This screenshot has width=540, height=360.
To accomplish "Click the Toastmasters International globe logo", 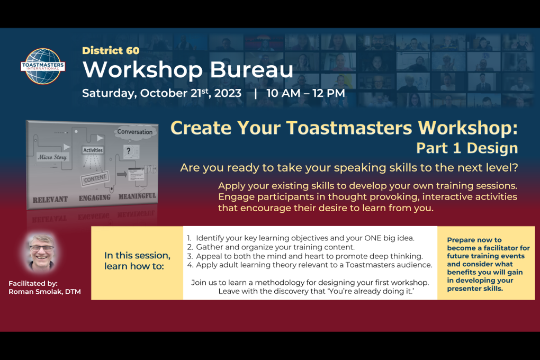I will point(43,66).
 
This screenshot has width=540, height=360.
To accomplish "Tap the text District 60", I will point(111,51).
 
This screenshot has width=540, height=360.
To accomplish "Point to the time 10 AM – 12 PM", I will point(305,94).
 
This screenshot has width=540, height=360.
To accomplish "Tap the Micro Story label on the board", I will point(51,157).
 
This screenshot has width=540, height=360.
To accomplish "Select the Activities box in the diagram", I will point(93,150).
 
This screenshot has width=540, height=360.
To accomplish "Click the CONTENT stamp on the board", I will point(95,179).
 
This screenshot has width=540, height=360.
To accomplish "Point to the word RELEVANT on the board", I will point(50,200).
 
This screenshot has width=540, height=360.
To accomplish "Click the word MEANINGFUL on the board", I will point(137,196).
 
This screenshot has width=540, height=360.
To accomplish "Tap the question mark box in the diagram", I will point(128,151).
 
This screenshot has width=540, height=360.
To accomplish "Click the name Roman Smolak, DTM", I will point(44,292).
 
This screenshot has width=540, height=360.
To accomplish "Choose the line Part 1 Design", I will point(466,148).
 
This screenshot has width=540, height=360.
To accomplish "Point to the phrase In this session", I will point(137,255).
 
